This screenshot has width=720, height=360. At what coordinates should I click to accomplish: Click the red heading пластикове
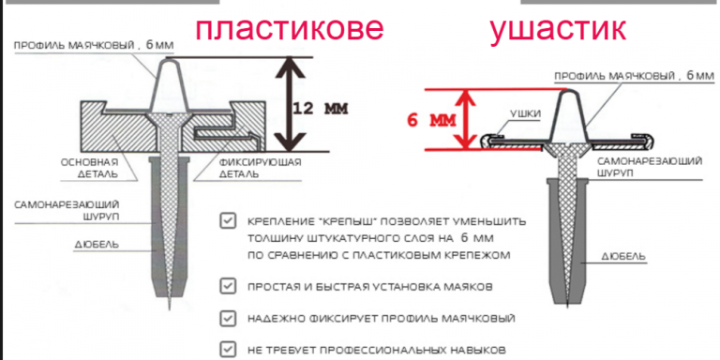point(289,28)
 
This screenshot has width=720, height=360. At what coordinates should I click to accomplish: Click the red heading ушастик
point(558,30)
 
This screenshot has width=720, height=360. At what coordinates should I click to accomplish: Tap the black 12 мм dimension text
point(320,109)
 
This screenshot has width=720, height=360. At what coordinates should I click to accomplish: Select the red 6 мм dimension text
point(431,121)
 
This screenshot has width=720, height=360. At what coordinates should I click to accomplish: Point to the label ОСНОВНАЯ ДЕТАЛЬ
point(89,168)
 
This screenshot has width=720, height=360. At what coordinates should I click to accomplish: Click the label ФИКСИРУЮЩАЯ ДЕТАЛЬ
point(261,168)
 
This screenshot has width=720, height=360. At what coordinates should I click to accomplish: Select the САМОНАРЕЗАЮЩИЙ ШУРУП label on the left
point(67,209)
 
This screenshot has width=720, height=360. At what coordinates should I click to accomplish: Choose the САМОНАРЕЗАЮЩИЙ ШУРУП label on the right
point(650,166)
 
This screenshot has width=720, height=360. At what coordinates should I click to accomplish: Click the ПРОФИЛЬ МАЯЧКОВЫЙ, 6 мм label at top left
point(94,45)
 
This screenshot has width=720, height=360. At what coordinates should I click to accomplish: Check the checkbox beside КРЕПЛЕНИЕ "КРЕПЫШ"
point(227,221)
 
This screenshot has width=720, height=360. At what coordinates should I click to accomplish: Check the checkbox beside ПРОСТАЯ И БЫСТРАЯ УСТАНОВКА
point(227,287)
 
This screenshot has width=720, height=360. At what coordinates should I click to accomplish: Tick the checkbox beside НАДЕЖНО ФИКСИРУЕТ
point(227,318)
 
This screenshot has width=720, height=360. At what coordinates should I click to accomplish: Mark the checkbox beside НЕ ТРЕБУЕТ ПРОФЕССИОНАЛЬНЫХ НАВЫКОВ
point(227,349)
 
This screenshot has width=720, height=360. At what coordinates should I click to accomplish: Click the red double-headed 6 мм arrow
point(467,119)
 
